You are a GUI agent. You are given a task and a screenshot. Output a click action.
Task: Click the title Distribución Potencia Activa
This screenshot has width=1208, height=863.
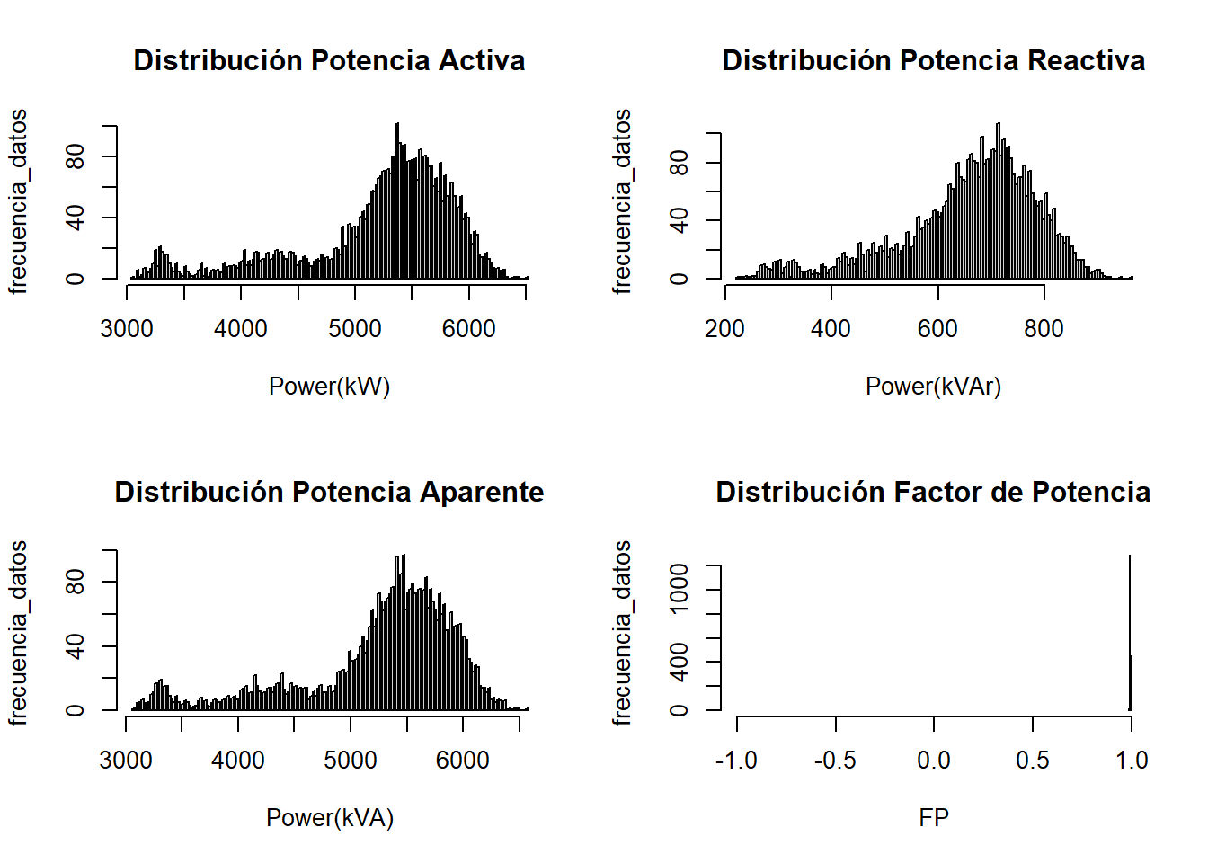329,60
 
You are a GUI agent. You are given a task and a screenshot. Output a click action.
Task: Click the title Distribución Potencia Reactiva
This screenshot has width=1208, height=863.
933,60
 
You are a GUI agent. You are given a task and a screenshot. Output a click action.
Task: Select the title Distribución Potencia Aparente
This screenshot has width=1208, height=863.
329,492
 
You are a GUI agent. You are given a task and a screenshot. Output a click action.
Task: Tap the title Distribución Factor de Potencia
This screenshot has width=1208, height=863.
933,492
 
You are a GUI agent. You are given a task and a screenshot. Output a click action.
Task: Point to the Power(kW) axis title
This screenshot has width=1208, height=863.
329,387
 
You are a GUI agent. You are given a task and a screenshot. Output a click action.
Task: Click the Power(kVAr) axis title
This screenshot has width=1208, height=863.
933,387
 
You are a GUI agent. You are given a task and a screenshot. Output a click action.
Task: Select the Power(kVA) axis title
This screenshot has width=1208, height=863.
329,818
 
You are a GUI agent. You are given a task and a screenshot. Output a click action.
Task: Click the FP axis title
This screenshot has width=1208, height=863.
934,818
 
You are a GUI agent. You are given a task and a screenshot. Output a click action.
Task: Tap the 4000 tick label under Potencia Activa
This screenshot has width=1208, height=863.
241,329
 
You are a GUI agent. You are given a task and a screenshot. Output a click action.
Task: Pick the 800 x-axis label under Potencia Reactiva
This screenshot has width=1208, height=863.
1044,329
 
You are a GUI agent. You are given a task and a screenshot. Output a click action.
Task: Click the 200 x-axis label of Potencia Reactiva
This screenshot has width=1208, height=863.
724,329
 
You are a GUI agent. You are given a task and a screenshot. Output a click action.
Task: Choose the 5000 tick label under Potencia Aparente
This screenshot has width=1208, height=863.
351,761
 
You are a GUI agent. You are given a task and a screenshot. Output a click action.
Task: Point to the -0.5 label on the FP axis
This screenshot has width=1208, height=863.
835,761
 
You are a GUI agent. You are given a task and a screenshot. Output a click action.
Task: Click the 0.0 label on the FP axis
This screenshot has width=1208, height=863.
934,761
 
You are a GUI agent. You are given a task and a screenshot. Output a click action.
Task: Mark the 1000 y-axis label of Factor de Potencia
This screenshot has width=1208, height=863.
680,589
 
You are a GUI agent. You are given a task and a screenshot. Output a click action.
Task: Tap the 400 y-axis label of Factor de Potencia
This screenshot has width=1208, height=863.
680,662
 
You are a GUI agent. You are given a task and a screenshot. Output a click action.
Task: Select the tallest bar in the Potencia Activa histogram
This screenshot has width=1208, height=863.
397,202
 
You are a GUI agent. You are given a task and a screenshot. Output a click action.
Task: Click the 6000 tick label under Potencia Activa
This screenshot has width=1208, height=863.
469,329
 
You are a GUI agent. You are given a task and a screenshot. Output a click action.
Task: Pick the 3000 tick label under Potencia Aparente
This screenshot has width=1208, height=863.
126,761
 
